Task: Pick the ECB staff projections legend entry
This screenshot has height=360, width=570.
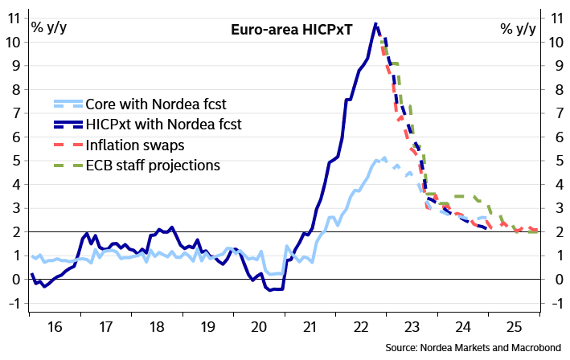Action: [x=153, y=165]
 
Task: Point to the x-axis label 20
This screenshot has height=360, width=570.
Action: [x=257, y=328]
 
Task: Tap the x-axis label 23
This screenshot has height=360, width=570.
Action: [x=411, y=328]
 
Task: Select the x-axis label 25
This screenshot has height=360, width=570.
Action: [x=513, y=328]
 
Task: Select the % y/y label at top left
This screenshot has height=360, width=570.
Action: [x=49, y=29]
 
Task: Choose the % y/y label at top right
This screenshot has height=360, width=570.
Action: [x=518, y=29]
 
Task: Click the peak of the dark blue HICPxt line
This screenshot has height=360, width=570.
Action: [x=375, y=24]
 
